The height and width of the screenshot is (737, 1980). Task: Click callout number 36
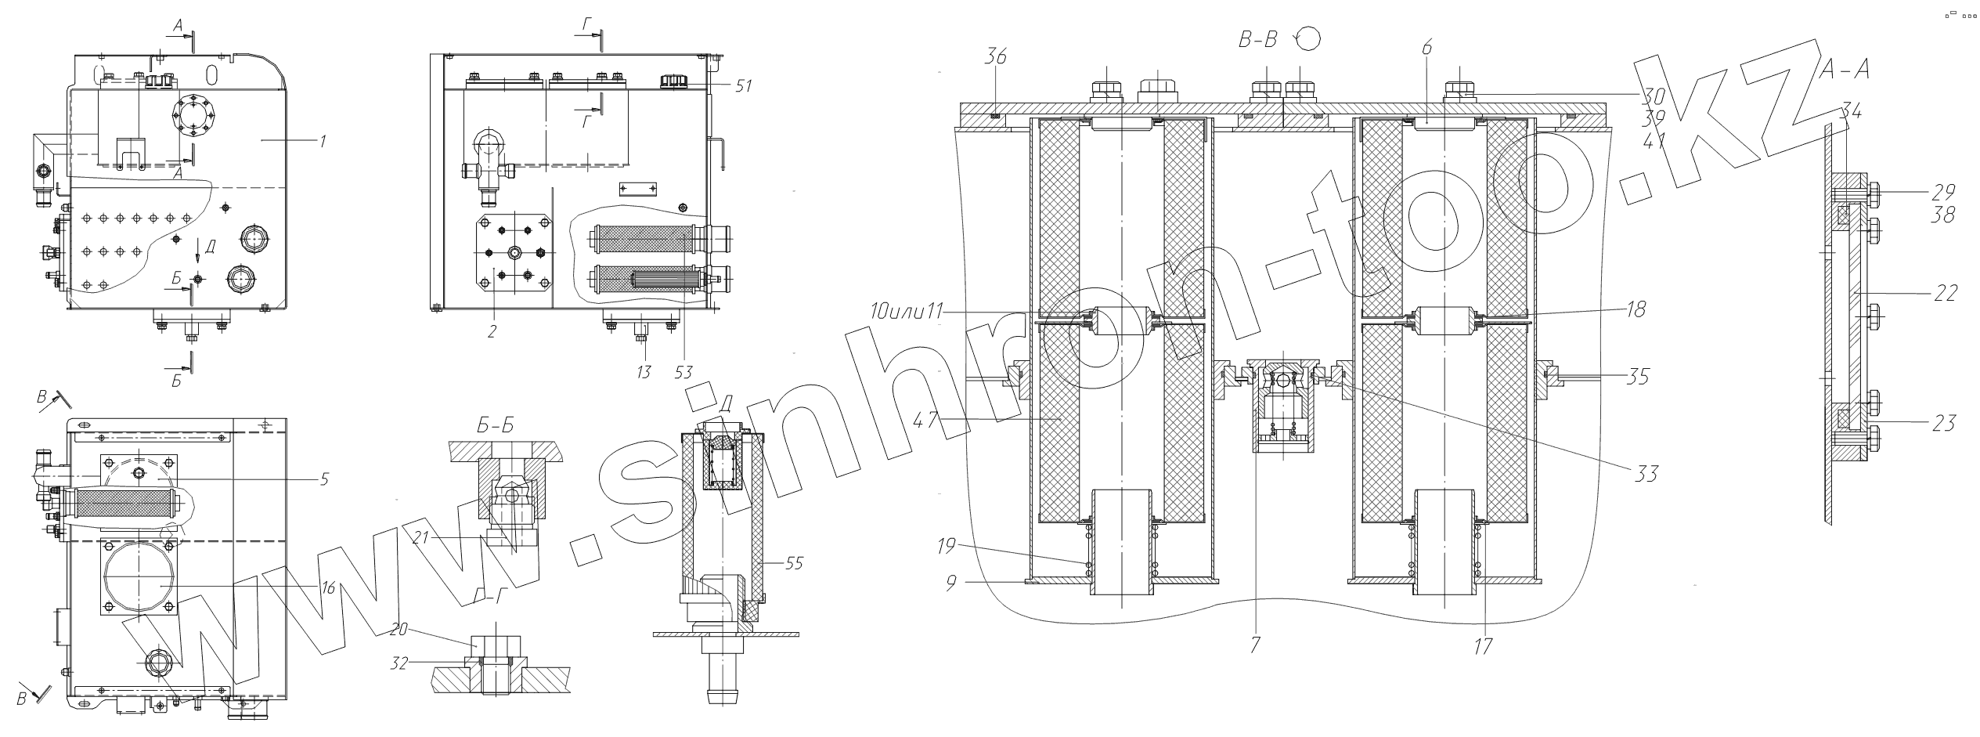click(x=995, y=58)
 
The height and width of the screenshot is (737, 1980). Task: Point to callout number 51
click(x=743, y=85)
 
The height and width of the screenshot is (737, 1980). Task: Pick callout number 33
click(x=1646, y=473)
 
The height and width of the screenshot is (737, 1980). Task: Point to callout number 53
click(x=683, y=371)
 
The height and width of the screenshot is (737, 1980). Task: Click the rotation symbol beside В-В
click(x=1309, y=38)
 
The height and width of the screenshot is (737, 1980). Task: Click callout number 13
click(x=644, y=371)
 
